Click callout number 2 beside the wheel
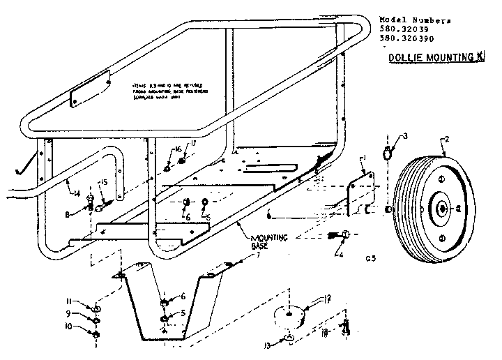[x=446, y=140]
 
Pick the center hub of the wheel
[x=443, y=207]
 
